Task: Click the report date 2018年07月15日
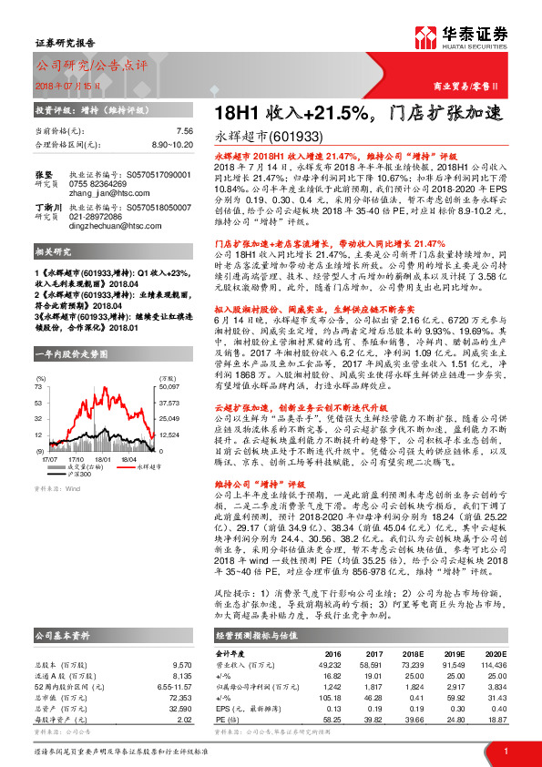(x=64, y=85)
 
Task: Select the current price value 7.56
(x=184, y=131)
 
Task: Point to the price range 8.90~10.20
(x=172, y=144)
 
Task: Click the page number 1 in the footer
(x=505, y=751)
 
